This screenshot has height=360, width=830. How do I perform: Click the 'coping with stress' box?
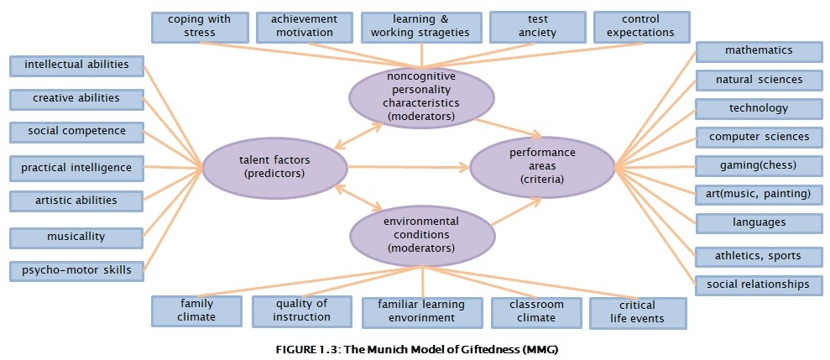pos(200,27)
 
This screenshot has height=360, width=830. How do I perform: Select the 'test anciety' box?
pos(538,27)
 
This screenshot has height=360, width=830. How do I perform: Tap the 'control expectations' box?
pos(641,27)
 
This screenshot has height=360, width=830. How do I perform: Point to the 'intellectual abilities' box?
pos(76,65)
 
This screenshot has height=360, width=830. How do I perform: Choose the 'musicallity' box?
pos(76,237)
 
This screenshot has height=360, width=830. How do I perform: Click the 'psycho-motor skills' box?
pos(76,271)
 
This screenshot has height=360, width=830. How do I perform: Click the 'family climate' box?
pos(197,311)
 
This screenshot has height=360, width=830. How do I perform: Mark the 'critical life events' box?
pos(638,313)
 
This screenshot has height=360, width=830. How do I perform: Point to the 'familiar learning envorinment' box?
pos(422,312)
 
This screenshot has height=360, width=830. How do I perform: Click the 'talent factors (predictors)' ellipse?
pos(274,167)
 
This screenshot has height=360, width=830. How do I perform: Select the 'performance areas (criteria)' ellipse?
pos(542,166)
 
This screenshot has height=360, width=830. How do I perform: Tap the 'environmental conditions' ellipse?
pos(422,233)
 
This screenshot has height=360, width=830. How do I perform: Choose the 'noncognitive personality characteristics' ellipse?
pos(422,97)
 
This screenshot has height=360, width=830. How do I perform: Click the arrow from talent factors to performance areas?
pos(409,167)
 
